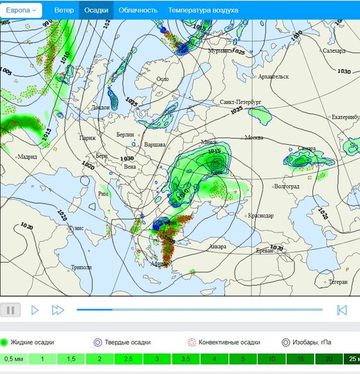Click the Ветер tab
(x=64, y=10)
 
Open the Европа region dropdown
(x=23, y=10)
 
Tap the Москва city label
(x=253, y=137)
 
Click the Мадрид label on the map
(x=27, y=156)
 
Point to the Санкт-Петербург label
(x=240, y=101)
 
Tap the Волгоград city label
(x=286, y=186)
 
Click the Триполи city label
(x=81, y=267)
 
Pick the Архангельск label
(x=273, y=77)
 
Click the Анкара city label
(x=218, y=247)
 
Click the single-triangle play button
(x=35, y=310)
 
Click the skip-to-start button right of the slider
(x=341, y=310)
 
